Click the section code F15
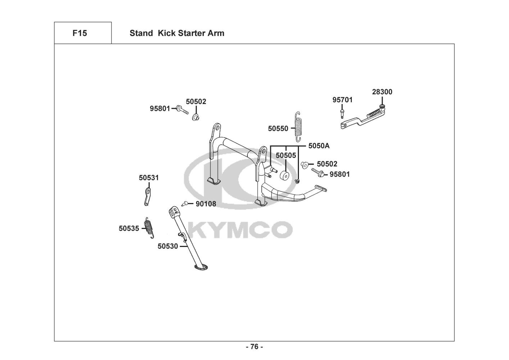coord(79,33)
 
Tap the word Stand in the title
coord(141,33)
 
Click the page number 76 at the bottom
coord(254,347)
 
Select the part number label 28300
coord(382,92)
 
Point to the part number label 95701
coord(342,100)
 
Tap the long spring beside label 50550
coord(298,126)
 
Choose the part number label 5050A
coord(319,146)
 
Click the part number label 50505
coord(286,156)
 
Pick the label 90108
coord(206,204)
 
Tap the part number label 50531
coord(149,178)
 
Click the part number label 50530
coord(168,246)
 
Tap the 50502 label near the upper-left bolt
coord(196,102)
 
